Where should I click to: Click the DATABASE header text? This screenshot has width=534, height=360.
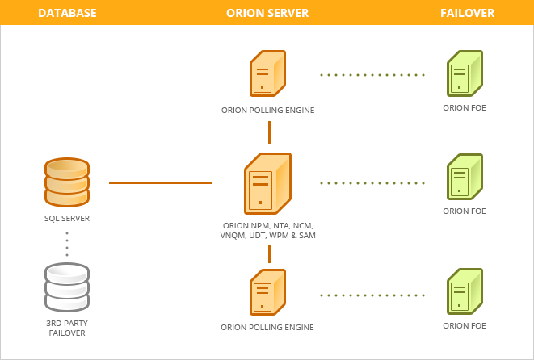coord(67,13)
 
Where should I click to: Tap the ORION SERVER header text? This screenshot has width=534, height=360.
coord(267,13)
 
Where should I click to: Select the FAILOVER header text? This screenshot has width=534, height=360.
coord(467,13)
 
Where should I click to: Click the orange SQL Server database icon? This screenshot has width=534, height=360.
coord(67,182)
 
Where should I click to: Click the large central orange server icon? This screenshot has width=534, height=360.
coord(267,182)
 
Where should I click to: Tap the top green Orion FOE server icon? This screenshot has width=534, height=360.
coord(465,74)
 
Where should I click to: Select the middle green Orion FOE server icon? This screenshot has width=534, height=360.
coord(465,178)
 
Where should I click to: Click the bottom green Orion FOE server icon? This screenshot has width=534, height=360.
coord(465,292)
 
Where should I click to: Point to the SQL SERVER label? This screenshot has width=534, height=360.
coord(67,219)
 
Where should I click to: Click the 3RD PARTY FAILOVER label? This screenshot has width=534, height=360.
coord(67,328)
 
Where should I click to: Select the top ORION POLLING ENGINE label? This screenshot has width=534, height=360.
coord(267,110)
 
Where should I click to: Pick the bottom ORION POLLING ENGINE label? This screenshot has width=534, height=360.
coord(267,328)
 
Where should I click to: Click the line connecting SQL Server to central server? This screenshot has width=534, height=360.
coord(160,182)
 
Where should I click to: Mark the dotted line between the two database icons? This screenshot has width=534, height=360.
coord(67,244)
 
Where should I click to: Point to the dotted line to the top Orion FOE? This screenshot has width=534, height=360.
coord(372,75)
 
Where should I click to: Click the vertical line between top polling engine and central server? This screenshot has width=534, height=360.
coord(269,132)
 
